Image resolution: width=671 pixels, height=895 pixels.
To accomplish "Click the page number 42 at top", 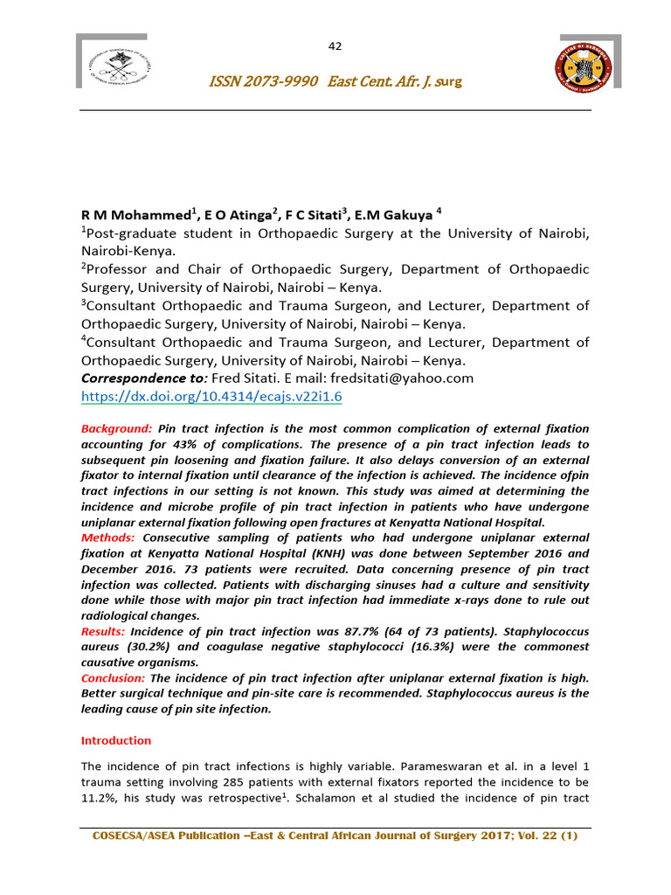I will (x=335, y=46).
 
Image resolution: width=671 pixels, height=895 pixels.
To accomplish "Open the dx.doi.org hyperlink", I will (x=211, y=396).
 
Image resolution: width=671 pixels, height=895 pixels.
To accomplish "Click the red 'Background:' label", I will (x=116, y=429).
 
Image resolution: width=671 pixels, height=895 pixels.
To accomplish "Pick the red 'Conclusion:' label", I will (x=114, y=677).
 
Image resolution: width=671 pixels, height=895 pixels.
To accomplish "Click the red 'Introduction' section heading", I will (x=116, y=740).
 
